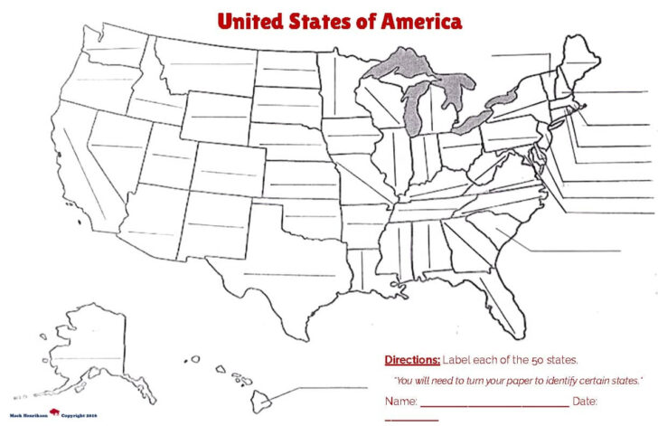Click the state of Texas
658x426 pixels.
271,262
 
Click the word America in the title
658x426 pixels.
418,21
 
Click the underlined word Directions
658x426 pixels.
412,359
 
